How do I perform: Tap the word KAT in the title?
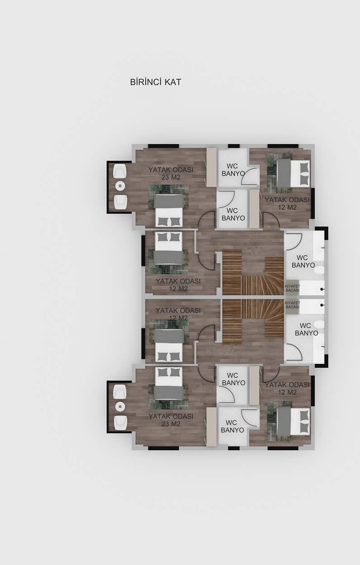(x=173, y=82)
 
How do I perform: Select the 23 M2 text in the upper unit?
(x=171, y=177)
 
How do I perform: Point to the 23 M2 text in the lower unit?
(x=171, y=424)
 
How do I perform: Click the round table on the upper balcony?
(x=120, y=186)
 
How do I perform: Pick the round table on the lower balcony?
(x=120, y=406)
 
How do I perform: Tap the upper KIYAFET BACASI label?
(x=292, y=288)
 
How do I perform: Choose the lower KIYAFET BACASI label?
(x=292, y=305)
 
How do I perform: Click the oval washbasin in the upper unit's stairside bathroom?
(x=319, y=270)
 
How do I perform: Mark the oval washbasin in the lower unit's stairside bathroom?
(x=319, y=324)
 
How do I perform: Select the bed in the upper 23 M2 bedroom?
(x=169, y=211)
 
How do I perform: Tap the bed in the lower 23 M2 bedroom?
(x=169, y=383)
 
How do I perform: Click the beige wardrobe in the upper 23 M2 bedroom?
(x=212, y=167)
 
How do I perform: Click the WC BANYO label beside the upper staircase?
(x=303, y=261)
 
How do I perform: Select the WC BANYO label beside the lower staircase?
(x=306, y=329)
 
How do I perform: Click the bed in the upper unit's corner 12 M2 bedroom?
(x=293, y=174)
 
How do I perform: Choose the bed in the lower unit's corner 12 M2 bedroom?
(x=293, y=421)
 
